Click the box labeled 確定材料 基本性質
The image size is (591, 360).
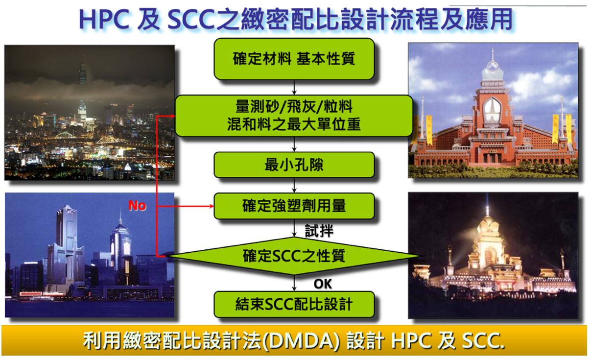pyautogui.click(x=294, y=59)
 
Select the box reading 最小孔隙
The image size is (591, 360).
pyautogui.click(x=294, y=165)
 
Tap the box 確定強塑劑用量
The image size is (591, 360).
pyautogui.click(x=294, y=206)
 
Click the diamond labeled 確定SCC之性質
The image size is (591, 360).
pyautogui.click(x=294, y=256)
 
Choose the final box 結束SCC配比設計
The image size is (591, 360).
pyautogui.click(x=294, y=304)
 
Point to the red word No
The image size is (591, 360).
pyautogui.click(x=137, y=205)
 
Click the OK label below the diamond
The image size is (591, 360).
pyautogui.click(x=322, y=284)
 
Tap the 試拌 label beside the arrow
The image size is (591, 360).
pyautogui.click(x=319, y=231)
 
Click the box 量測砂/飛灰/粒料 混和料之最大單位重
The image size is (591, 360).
pyautogui.click(x=294, y=116)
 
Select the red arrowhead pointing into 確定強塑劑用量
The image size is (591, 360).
pyautogui.click(x=212, y=206)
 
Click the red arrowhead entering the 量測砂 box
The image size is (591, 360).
pyautogui.click(x=173, y=116)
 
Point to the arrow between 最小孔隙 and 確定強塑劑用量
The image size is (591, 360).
pyautogui.click(x=294, y=185)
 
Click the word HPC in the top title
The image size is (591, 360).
pyautogui.click(x=104, y=20)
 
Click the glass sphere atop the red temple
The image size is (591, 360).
pyautogui.click(x=492, y=66)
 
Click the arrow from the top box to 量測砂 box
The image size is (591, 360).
pyautogui.click(x=294, y=87)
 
